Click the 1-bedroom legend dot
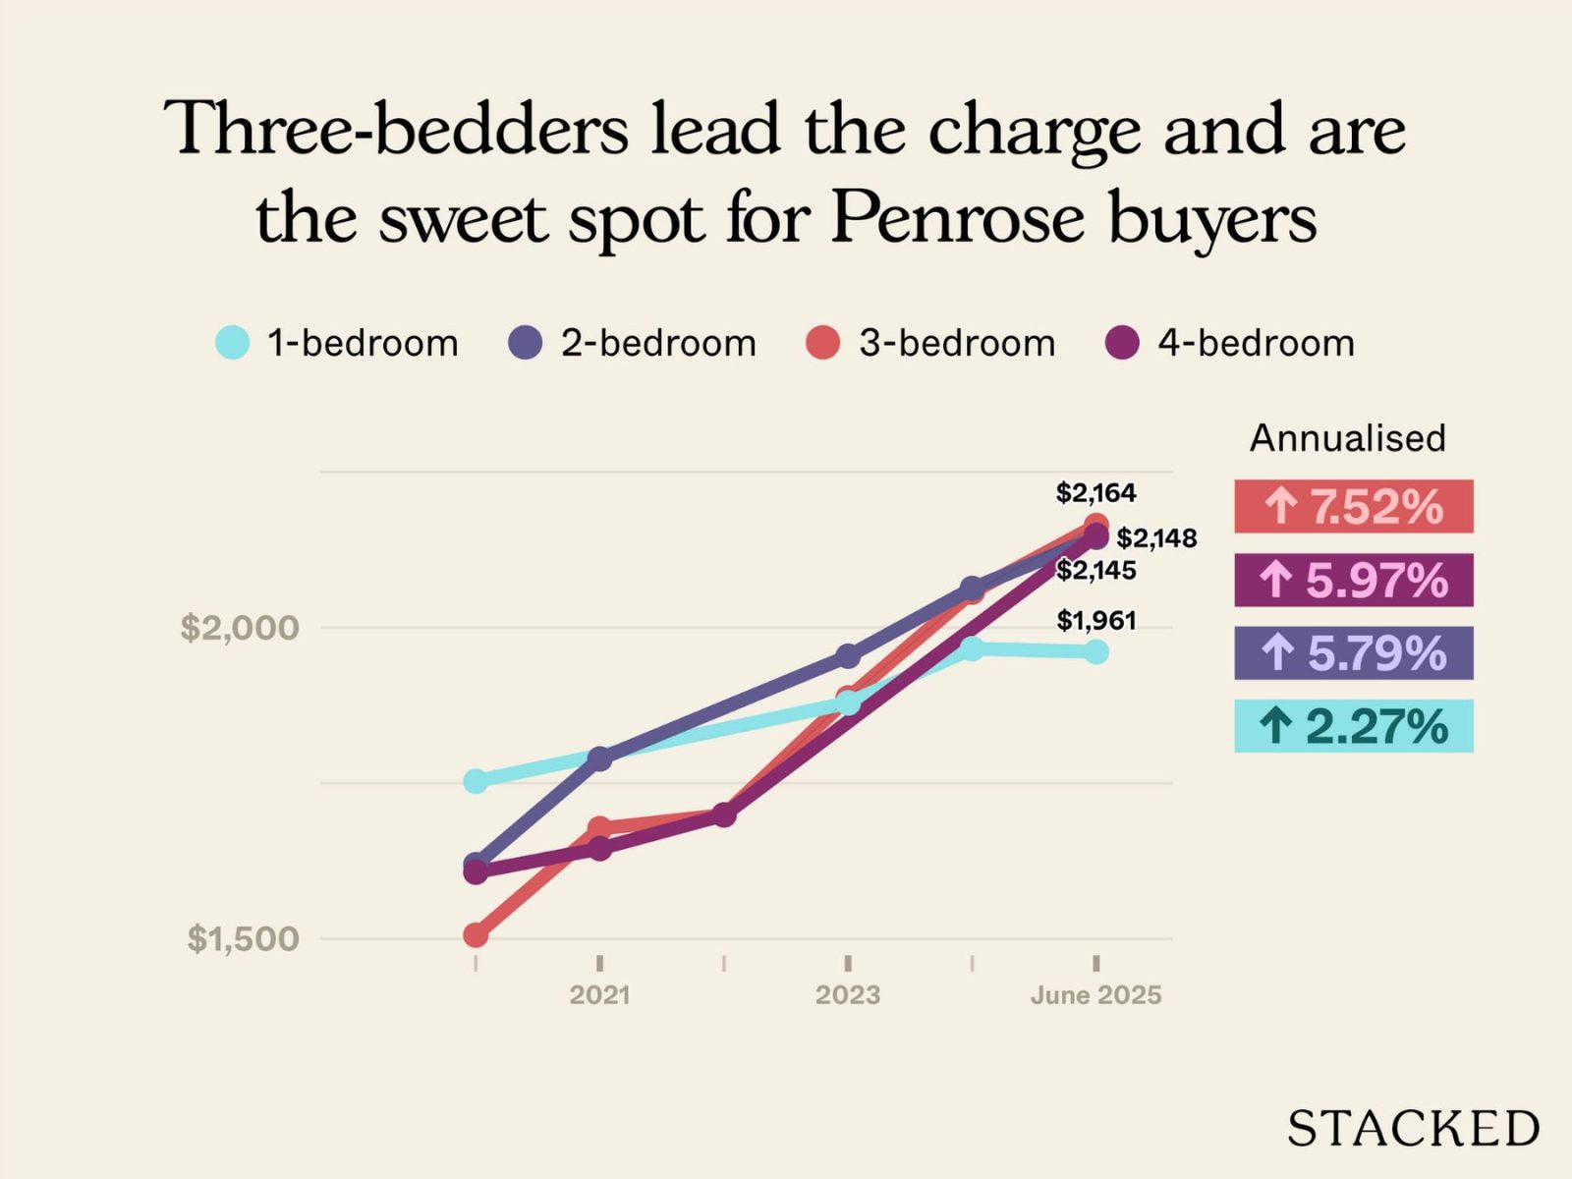click(x=233, y=343)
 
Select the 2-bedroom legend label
click(x=658, y=343)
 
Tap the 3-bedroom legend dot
click(x=823, y=343)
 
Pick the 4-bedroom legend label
click(x=1256, y=343)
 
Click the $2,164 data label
click(x=1095, y=492)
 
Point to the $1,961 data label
click(x=1095, y=621)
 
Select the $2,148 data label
click(x=1156, y=538)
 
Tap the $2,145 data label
click(x=1095, y=571)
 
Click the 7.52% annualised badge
click(x=1353, y=507)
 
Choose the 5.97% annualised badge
click(x=1353, y=580)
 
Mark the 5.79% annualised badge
click(x=1353, y=653)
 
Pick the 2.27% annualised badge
click(x=1353, y=726)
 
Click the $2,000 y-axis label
click(x=240, y=627)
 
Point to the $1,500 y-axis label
click(x=243, y=938)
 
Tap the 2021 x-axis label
click(x=599, y=995)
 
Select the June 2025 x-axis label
click(x=1095, y=995)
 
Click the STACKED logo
click(x=1413, y=1129)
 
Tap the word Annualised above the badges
click(x=1347, y=438)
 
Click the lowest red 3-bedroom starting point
click(x=476, y=934)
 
